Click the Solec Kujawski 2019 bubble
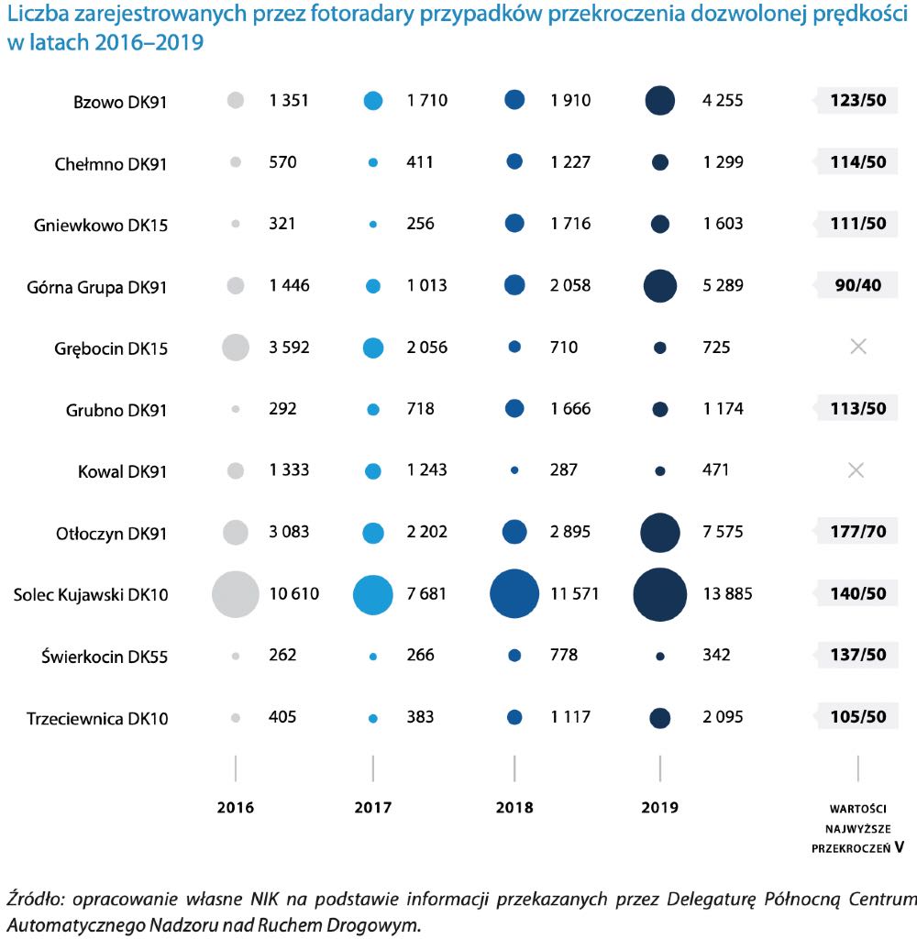click(660, 594)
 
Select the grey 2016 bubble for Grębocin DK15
click(236, 348)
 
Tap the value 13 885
click(727, 593)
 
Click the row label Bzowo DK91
click(120, 102)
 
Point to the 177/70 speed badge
click(857, 531)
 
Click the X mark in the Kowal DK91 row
click(856, 470)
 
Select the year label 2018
click(514, 807)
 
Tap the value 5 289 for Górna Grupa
click(723, 285)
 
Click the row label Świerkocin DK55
click(105, 657)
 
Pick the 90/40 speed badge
click(857, 285)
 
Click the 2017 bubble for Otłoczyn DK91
click(373, 533)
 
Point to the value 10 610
click(294, 593)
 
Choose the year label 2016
click(236, 807)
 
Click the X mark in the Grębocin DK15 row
click(858, 346)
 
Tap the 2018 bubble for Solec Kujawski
click(514, 593)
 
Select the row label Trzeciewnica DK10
click(97, 718)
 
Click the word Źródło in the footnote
click(35, 899)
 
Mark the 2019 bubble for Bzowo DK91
click(660, 101)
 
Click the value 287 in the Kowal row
click(564, 469)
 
